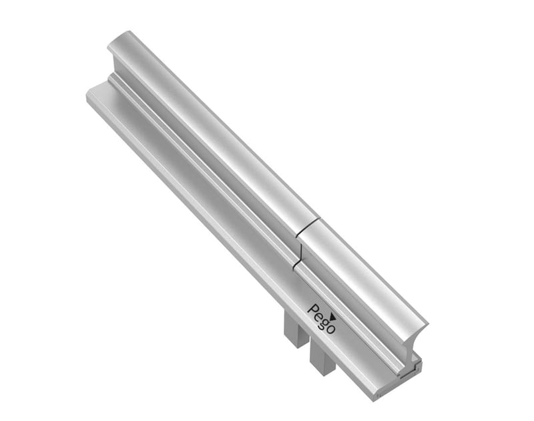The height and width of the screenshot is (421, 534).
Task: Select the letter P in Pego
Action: [x=311, y=309]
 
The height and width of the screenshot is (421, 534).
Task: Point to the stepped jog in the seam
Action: [x=301, y=254]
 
